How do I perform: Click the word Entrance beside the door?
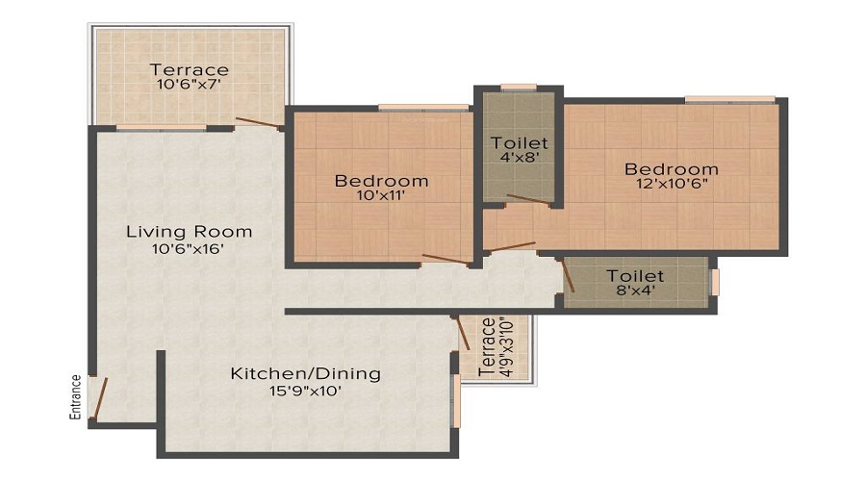tap(76, 397)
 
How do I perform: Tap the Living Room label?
tap(189, 232)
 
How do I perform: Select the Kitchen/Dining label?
tap(305, 374)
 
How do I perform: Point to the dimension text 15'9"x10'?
tap(305, 391)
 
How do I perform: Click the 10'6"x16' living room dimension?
tap(189, 248)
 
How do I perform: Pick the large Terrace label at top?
tap(189, 69)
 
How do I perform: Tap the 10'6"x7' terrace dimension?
tap(189, 85)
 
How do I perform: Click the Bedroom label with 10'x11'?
tap(381, 181)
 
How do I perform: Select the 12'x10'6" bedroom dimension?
tap(672, 184)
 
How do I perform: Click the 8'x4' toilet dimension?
tap(635, 290)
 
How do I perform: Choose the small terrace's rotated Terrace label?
tap(487, 347)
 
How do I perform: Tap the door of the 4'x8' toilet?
tap(528, 200)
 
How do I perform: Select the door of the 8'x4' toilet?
tap(568, 276)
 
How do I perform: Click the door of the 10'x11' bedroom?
tap(446, 260)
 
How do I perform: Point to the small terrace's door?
tap(462, 334)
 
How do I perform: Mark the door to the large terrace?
tap(258, 123)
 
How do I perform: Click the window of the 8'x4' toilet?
tap(714, 282)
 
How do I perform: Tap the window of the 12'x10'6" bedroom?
tap(729, 99)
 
